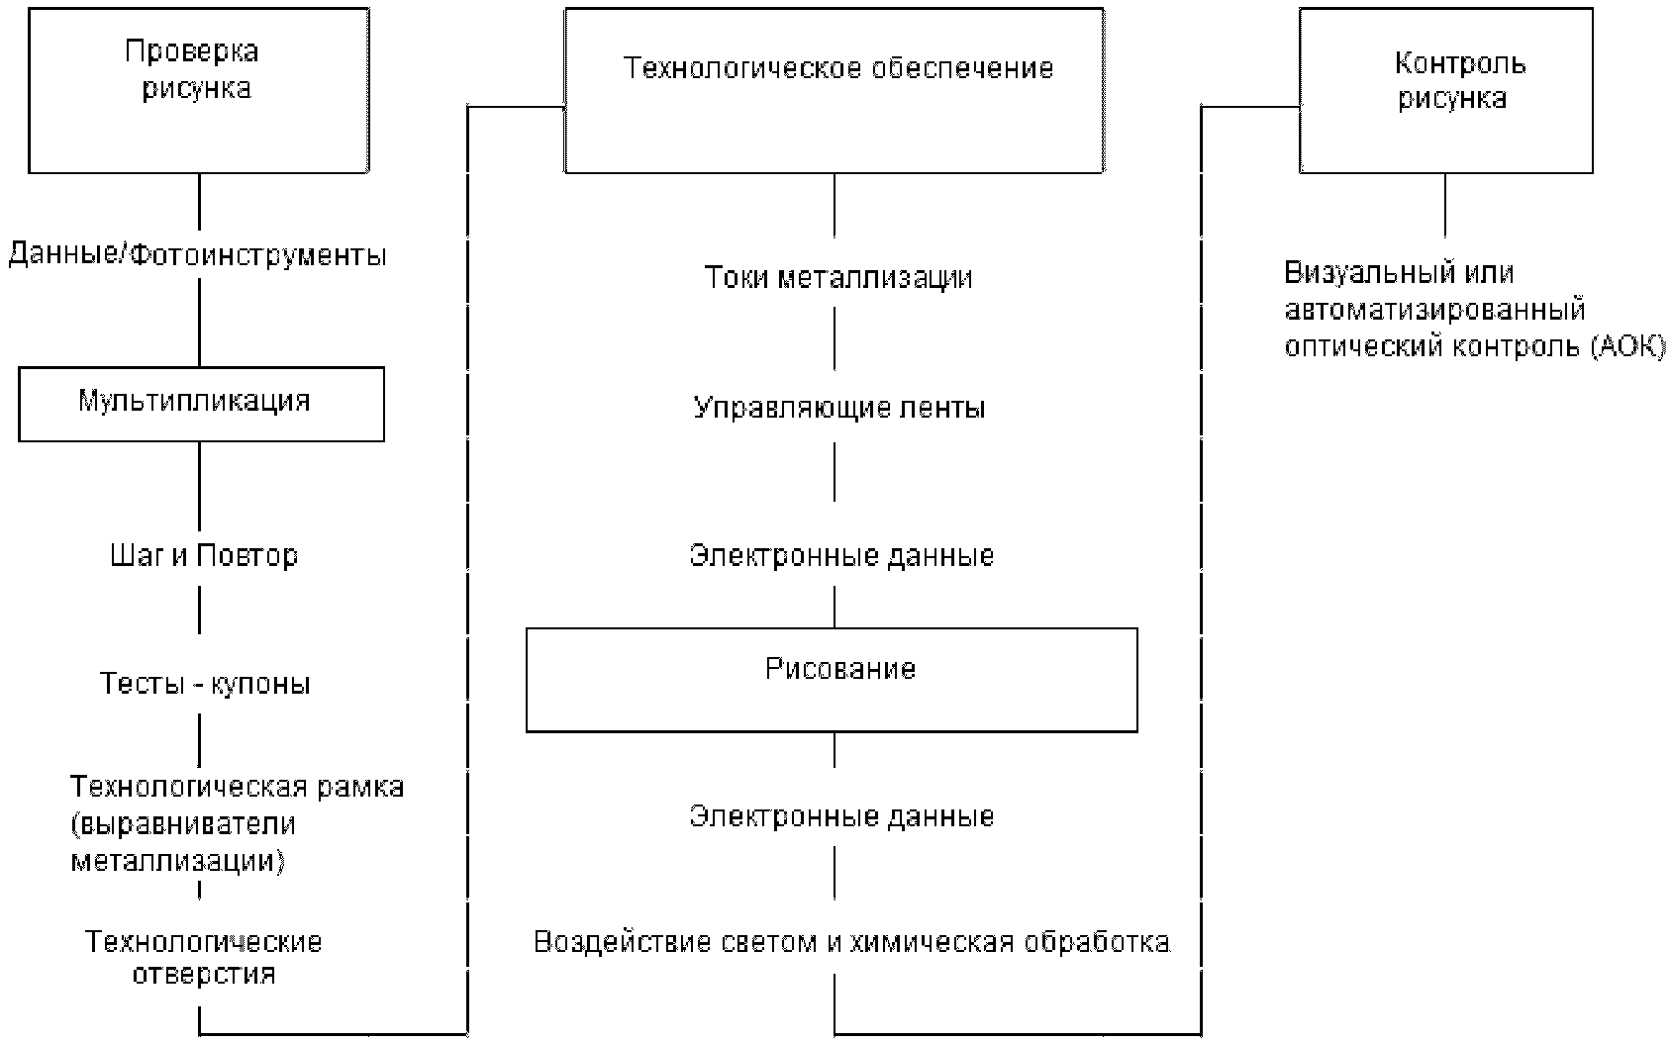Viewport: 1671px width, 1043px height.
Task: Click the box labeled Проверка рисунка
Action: point(198,91)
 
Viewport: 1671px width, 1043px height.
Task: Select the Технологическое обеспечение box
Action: point(834,91)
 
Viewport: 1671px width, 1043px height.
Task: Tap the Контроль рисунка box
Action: point(1445,91)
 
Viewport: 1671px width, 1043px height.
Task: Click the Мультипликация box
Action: point(201,404)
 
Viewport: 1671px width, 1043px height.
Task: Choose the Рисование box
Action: point(832,680)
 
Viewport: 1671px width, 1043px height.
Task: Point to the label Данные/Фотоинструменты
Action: point(197,256)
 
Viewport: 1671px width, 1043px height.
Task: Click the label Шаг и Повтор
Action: point(204,556)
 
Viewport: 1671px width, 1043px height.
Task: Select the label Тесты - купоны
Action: point(205,684)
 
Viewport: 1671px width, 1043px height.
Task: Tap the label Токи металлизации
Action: point(837,278)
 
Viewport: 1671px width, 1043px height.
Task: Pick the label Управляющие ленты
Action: point(838,409)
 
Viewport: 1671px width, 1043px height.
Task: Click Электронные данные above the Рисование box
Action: point(840,556)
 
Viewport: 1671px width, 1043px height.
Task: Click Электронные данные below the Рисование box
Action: point(840,817)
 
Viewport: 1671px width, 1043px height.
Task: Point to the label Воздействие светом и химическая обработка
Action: point(851,942)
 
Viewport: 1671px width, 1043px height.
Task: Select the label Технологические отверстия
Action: point(204,958)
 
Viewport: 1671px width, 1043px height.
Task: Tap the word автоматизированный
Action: point(1434,311)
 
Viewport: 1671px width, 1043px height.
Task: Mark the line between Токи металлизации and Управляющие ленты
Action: point(835,338)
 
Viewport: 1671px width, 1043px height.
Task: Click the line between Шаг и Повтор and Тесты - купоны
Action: point(200,610)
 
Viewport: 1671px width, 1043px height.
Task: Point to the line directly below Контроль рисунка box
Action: point(1445,205)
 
